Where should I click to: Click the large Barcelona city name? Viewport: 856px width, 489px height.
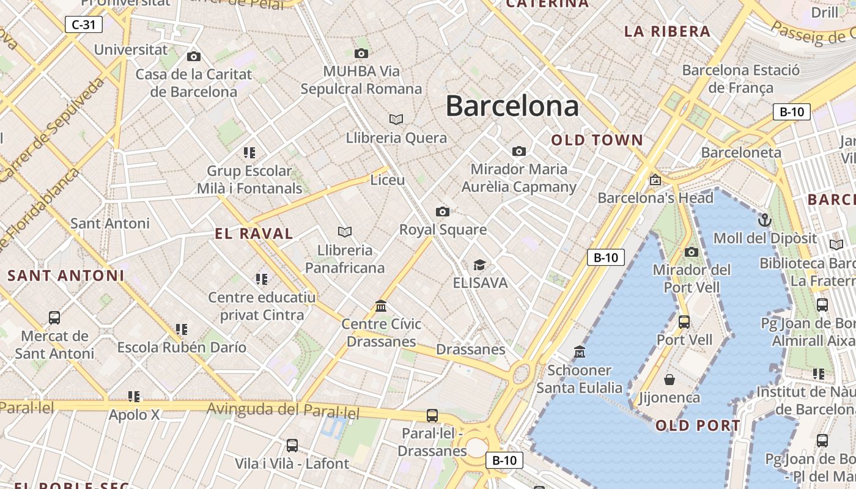point(512,106)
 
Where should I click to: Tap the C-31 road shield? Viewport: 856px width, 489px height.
point(83,24)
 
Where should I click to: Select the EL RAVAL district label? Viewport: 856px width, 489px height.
point(254,233)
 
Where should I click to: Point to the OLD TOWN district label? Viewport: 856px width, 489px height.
point(597,140)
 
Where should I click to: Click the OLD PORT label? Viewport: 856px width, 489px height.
point(698,425)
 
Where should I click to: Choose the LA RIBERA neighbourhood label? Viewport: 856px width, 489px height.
point(667,32)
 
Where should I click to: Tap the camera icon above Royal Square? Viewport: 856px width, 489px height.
point(443,211)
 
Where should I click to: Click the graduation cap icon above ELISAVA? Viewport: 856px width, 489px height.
point(480,265)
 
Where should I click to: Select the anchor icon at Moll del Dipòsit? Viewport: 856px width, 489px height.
point(765,219)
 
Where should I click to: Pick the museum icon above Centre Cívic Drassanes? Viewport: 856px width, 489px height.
point(382,305)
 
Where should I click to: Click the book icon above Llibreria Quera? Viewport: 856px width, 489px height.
point(396,119)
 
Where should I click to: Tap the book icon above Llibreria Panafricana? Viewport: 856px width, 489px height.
point(345,232)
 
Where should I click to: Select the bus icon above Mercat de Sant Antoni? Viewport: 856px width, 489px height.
point(54,317)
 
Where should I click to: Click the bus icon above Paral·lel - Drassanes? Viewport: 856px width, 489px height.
point(432,415)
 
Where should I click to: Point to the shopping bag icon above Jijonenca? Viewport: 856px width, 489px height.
point(670,380)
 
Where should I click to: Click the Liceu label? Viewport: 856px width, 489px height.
point(388,180)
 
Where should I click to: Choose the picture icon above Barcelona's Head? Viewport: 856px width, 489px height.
point(655,180)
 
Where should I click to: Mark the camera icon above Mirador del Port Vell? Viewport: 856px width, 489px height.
point(692,251)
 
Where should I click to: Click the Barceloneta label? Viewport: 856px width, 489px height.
point(741,152)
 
